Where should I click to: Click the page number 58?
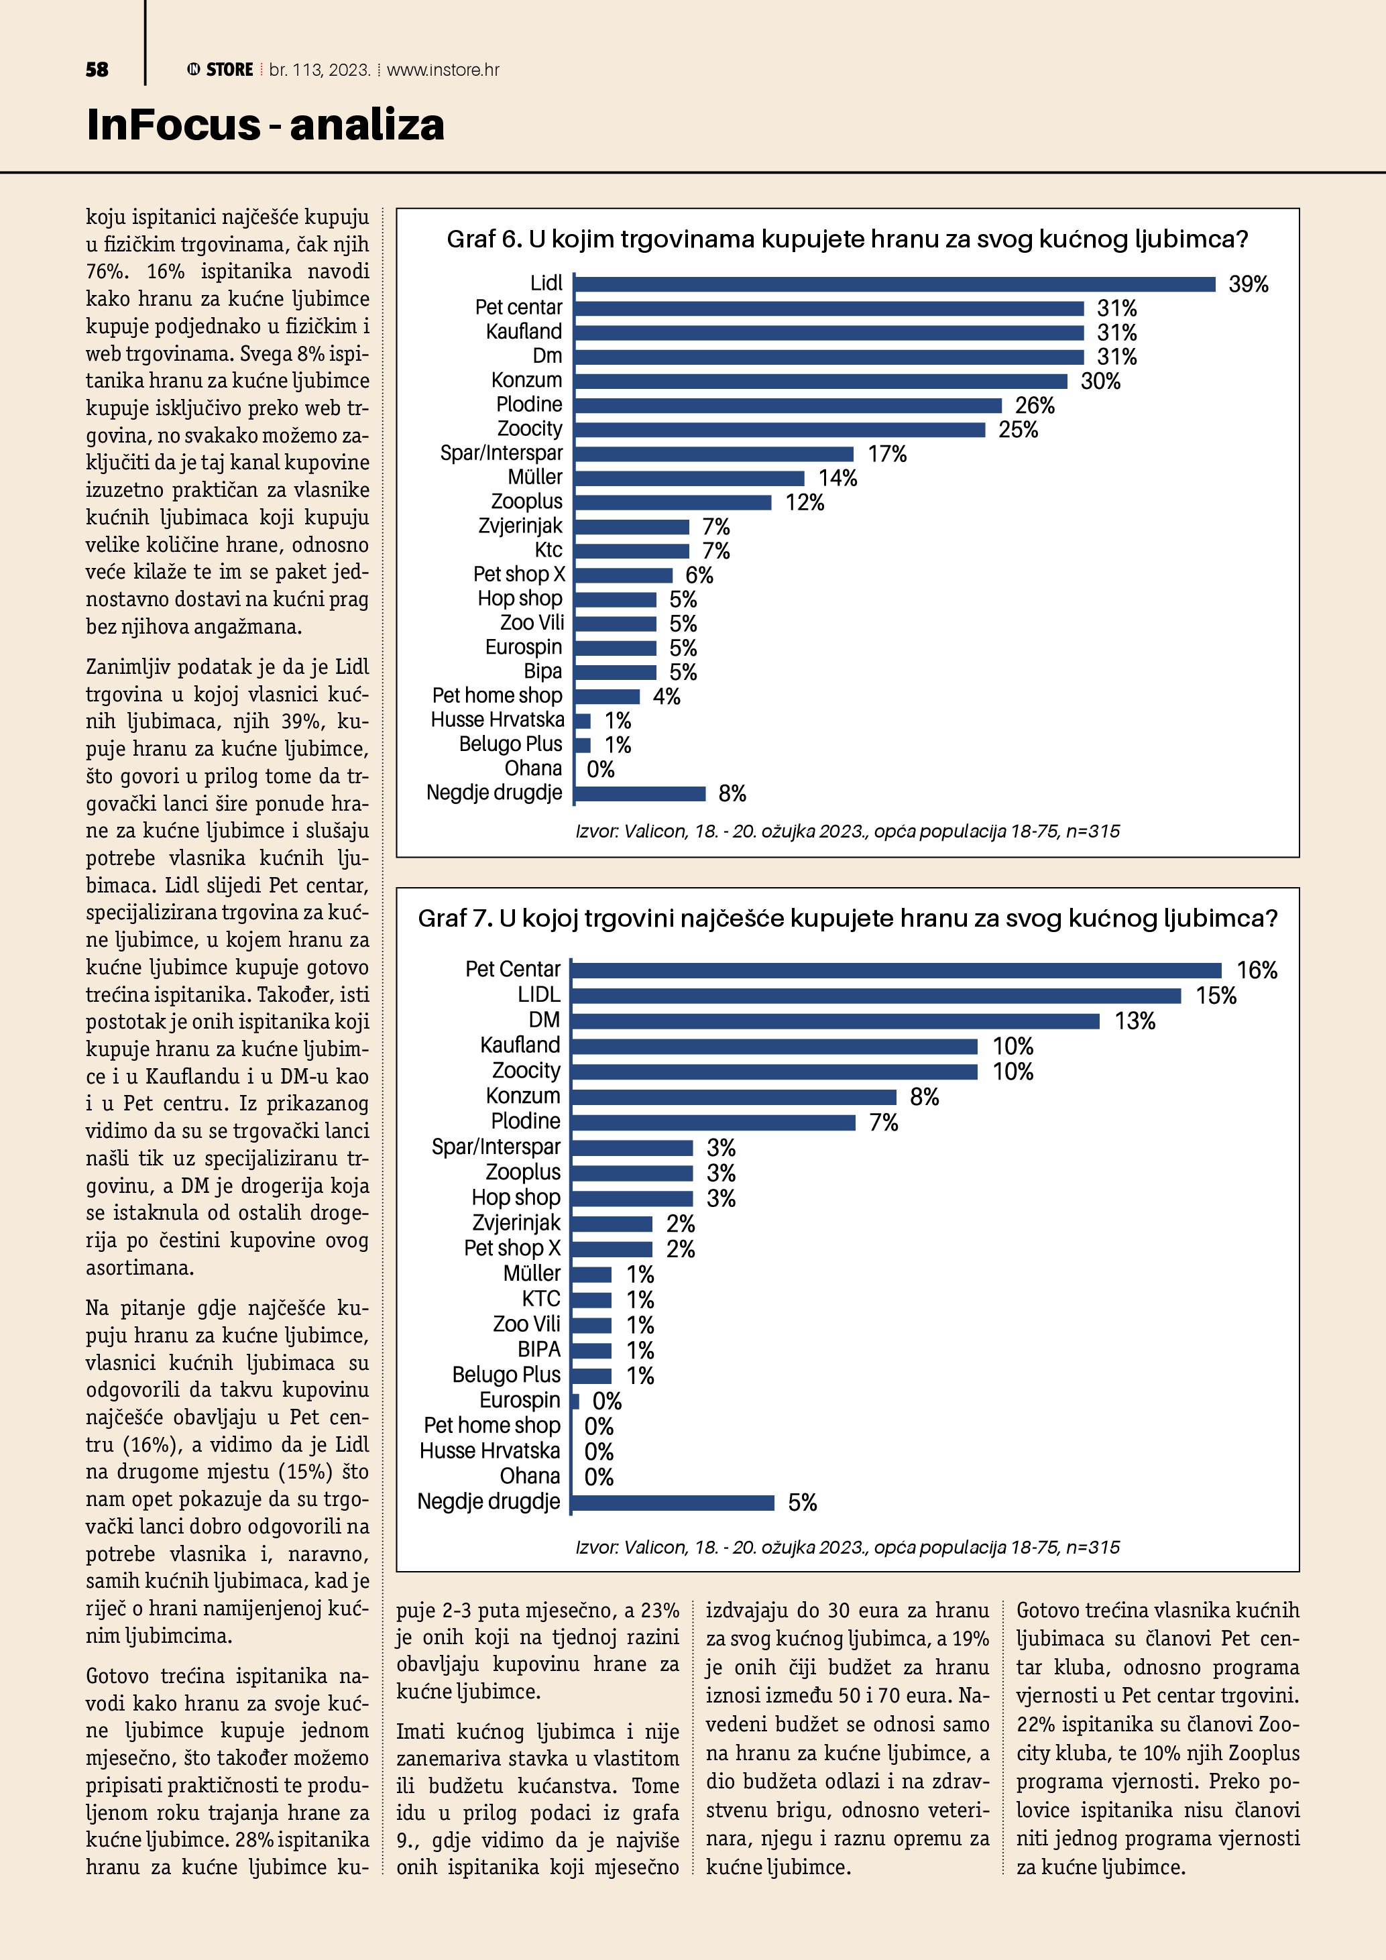tap(97, 70)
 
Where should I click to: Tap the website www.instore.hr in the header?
tap(443, 70)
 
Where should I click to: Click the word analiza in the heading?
tap(367, 125)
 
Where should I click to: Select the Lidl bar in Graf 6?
tap(894, 284)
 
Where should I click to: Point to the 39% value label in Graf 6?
tap(1248, 284)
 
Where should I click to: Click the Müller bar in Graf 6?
tap(689, 478)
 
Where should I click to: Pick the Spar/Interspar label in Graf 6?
tap(501, 453)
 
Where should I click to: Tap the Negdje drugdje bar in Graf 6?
tap(640, 794)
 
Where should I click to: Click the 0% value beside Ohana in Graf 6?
tap(600, 770)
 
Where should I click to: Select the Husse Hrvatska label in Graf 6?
tap(497, 720)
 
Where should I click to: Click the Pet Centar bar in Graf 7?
tap(896, 970)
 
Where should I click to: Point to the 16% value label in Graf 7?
tap(1257, 970)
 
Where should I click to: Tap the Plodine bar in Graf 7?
tap(713, 1122)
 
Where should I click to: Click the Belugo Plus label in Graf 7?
tap(506, 1375)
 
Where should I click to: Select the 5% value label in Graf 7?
tap(802, 1503)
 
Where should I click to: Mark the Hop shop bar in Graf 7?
tap(632, 1198)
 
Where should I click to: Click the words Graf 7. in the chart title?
tap(455, 919)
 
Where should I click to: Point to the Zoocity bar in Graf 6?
tap(779, 429)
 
